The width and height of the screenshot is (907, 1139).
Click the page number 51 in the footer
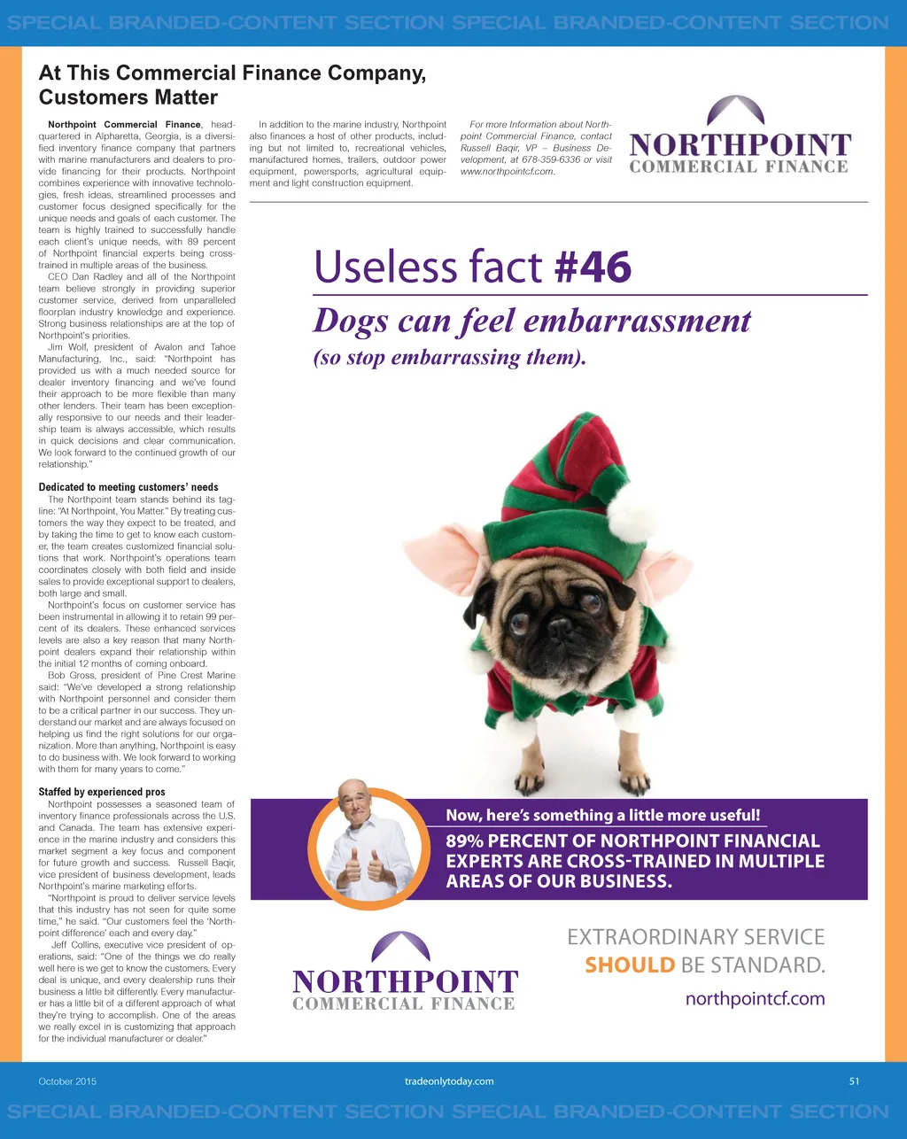854,1081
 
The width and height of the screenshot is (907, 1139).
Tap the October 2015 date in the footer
67,1081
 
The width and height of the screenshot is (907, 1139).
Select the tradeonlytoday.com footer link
449,1081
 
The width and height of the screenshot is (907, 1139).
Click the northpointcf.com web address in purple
755,999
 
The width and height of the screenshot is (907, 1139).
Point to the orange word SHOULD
630,965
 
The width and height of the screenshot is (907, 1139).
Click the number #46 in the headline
593,267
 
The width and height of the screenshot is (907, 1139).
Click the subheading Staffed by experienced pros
102,792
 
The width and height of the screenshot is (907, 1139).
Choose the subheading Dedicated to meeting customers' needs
128,487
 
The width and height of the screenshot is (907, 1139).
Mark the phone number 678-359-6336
551,159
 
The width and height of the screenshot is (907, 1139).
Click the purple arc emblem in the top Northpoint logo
736,111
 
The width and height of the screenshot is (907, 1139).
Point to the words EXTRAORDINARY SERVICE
695,937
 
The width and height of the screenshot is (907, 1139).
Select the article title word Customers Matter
128,97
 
